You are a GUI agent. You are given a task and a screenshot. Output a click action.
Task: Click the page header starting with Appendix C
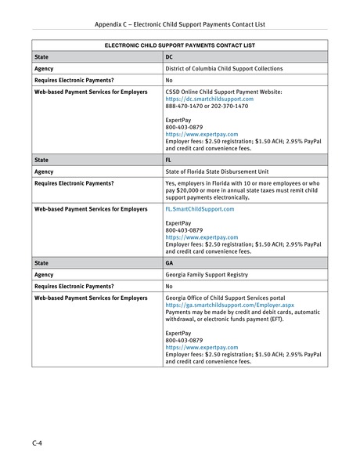coord(179,24)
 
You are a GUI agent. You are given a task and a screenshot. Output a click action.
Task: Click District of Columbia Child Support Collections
coord(224,68)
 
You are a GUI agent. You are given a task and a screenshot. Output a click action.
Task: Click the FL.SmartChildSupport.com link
coord(200,210)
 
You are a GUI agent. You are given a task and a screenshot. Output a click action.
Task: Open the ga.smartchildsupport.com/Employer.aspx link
coord(229,305)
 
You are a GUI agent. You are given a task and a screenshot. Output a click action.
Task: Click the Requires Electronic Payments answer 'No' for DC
coord(169,80)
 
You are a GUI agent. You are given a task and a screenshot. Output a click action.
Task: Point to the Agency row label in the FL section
coord(44,170)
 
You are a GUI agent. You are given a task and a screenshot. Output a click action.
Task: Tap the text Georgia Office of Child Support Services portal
coord(227,298)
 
